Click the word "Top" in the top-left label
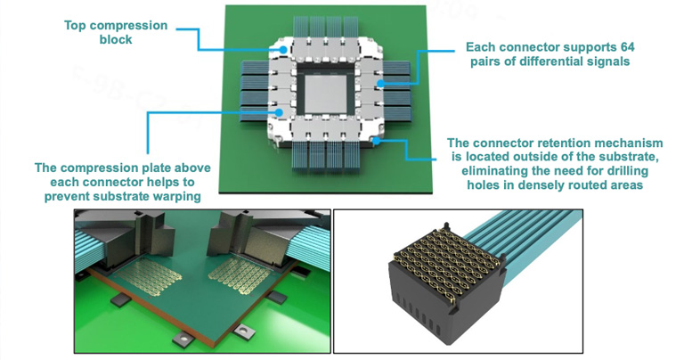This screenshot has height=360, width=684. pos(74,26)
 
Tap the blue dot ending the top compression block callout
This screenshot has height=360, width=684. pos(283,50)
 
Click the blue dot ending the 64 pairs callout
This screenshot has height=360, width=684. pos(380,83)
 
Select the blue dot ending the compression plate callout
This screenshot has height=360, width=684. pos(278,112)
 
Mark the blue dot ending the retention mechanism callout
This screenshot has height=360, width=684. pos(376,141)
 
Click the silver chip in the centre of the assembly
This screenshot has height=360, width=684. pos(325,94)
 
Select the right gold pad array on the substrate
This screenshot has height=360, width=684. pos(240,274)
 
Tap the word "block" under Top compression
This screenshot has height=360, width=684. pos(116,40)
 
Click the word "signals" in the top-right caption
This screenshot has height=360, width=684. pos(609,61)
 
